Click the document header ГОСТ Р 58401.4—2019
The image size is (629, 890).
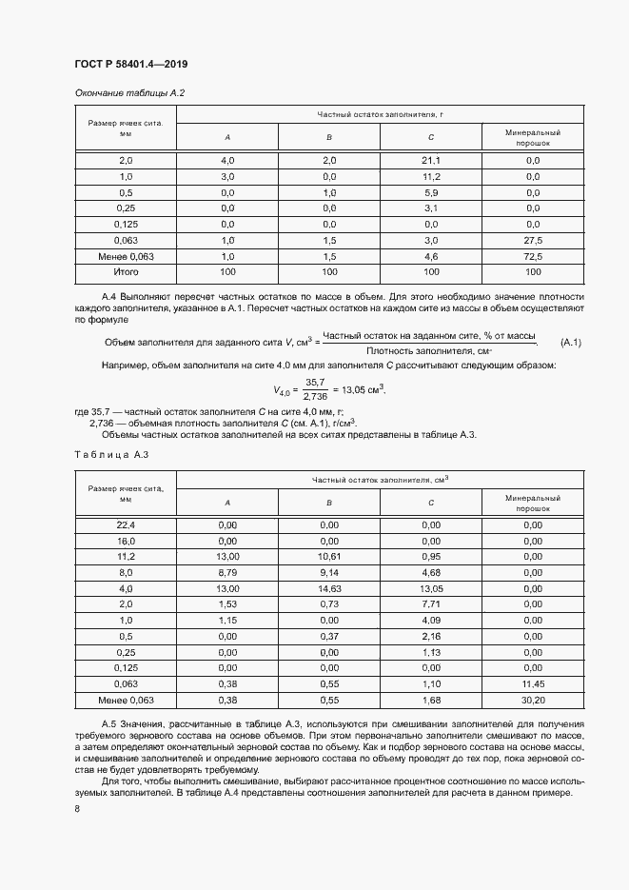[x=130, y=64]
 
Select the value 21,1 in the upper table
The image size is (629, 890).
[x=431, y=160]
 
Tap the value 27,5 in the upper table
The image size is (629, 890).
[x=533, y=240]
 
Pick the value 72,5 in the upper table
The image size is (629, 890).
[x=533, y=256]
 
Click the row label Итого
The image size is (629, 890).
[x=127, y=272]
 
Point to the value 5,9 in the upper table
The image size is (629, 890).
[x=431, y=192]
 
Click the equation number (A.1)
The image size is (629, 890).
[x=571, y=343]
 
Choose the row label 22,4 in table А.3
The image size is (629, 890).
[x=127, y=524]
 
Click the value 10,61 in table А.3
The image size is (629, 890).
[x=329, y=556]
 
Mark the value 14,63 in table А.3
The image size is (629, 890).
[x=329, y=588]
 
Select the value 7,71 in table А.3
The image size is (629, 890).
[x=431, y=604]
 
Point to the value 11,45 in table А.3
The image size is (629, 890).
[x=533, y=683]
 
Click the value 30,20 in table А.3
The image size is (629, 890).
[x=533, y=700]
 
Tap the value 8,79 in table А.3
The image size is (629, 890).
[x=227, y=572]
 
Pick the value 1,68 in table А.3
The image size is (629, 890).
[x=431, y=700]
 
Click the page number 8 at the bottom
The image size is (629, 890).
[x=77, y=808]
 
